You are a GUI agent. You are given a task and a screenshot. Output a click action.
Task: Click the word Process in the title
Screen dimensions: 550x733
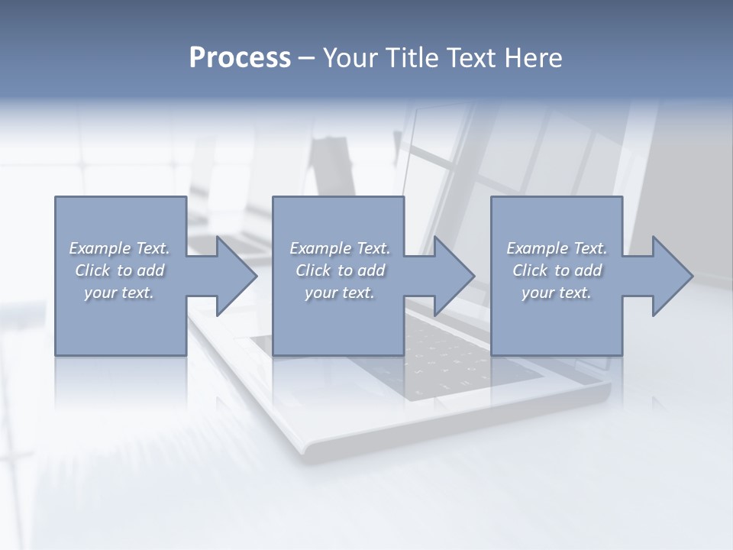[240, 58]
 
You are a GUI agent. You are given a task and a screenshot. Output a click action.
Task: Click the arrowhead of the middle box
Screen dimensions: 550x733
[453, 276]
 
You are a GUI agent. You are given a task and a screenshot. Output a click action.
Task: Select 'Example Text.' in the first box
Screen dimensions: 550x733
[120, 248]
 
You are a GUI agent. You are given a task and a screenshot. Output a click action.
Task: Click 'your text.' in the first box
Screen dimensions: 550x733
[120, 293]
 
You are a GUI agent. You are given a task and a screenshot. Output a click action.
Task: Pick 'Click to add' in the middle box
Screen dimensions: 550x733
[339, 270]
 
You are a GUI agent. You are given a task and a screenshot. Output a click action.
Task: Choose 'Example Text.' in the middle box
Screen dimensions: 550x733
[339, 248]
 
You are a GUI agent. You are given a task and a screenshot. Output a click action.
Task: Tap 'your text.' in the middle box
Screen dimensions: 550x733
[339, 293]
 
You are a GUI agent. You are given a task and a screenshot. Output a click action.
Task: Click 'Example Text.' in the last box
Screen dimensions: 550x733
[557, 248]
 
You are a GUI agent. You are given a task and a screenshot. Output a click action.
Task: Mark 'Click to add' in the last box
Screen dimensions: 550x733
[557, 270]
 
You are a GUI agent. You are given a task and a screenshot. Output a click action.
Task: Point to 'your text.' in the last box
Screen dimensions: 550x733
[557, 293]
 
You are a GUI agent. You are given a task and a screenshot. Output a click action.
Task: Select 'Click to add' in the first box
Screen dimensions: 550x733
[120, 270]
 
